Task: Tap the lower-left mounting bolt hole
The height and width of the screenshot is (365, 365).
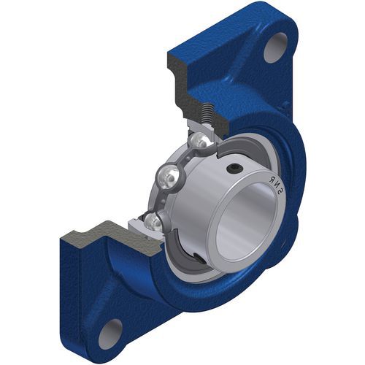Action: click(111, 331)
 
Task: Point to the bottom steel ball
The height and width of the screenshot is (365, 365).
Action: click(154, 222)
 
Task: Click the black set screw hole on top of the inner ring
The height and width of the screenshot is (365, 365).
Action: click(234, 169)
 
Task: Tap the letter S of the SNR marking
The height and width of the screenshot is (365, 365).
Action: click(280, 193)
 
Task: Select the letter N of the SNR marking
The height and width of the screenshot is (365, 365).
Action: click(275, 185)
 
